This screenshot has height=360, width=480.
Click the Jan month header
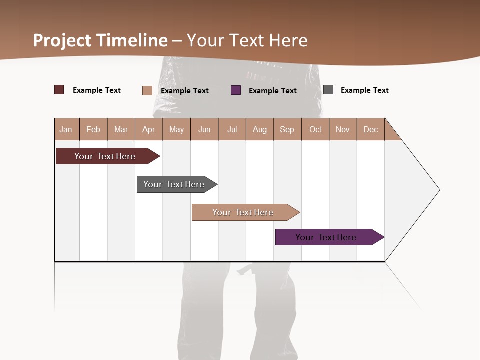pos(66,129)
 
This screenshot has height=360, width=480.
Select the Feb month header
pos(93,129)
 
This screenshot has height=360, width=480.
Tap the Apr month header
pos(149,129)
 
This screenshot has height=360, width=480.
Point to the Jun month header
pos(204,129)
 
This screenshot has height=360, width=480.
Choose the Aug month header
pos(260,129)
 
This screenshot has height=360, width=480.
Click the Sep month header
pos(287,129)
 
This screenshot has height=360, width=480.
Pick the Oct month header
pos(315,129)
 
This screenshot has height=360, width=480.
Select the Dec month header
pos(371,129)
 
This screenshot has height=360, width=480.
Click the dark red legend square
pos(59,90)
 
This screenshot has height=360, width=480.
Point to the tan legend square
pos(147,90)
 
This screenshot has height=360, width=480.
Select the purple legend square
pos(236,90)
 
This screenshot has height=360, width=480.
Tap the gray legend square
pos(328,90)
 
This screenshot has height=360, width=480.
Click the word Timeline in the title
pos(132,40)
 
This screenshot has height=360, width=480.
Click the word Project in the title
pos(62,40)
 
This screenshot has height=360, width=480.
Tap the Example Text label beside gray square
pos(364,90)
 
